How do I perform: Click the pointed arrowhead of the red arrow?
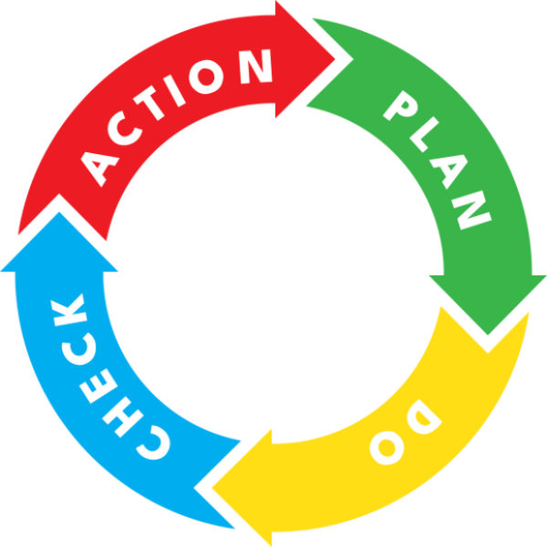click(335, 59)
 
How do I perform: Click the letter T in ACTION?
click(149, 103)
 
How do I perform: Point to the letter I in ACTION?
click(174, 90)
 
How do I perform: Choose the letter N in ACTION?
click(255, 67)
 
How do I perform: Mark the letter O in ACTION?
click(206, 77)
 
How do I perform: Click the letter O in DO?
click(387, 448)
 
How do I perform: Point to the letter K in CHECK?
click(68, 311)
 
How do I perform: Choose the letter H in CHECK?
click(123, 417)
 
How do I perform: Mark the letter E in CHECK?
click(98, 387)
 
